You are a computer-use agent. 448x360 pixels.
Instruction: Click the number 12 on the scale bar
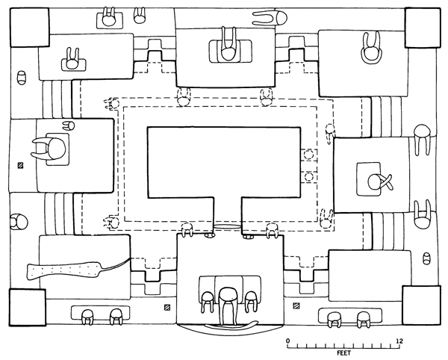click(400, 341)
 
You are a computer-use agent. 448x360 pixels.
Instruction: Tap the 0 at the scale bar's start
click(288, 341)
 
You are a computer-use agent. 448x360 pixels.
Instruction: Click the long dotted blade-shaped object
click(67, 268)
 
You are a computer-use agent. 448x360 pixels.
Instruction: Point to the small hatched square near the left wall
click(21, 165)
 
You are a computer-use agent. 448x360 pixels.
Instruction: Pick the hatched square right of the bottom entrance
click(296, 307)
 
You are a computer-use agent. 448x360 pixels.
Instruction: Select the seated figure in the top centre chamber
click(228, 45)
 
